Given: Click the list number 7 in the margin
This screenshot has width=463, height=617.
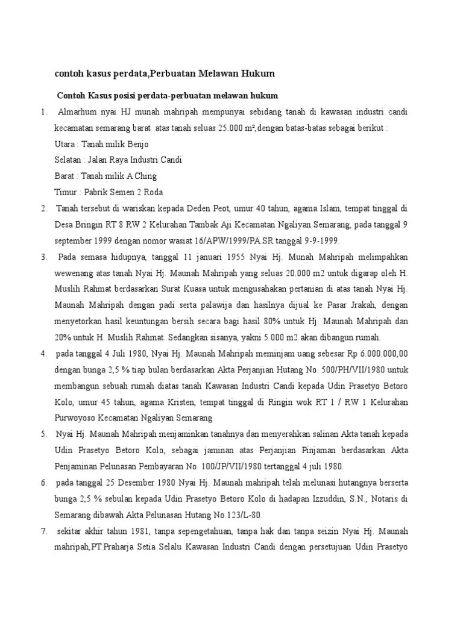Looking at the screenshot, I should pos(44,531).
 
